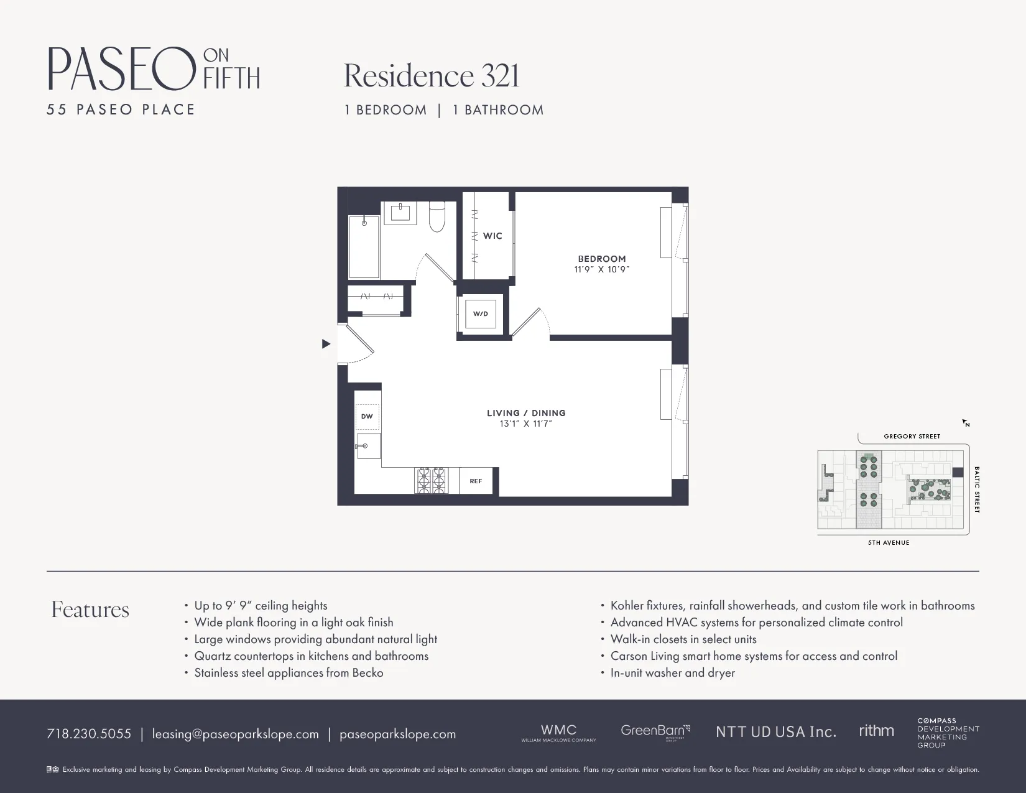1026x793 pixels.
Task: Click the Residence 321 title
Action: pos(431,76)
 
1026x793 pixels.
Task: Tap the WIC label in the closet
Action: pos(492,236)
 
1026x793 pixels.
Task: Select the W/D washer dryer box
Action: pos(481,314)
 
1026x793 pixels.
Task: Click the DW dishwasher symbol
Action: pos(367,417)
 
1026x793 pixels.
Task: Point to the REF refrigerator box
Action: pos(476,481)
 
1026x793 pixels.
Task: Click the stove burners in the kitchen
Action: pos(431,481)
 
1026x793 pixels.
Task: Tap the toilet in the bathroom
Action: pos(437,216)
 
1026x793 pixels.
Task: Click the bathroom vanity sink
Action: pos(400,212)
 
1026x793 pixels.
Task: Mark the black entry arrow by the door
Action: pos(326,344)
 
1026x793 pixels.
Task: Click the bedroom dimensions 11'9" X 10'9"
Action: pos(601,270)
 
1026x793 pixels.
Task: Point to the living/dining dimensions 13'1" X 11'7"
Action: pos(525,424)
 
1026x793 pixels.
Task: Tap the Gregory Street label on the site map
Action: pos(912,437)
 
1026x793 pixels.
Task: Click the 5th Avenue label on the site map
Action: pos(888,543)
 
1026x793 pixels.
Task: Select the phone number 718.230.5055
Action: pos(89,734)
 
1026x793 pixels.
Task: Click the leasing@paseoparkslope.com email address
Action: pos(235,734)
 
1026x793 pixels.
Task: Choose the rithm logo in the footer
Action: pos(876,731)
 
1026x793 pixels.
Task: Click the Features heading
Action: pos(90,610)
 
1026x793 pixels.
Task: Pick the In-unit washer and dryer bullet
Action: pos(672,673)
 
